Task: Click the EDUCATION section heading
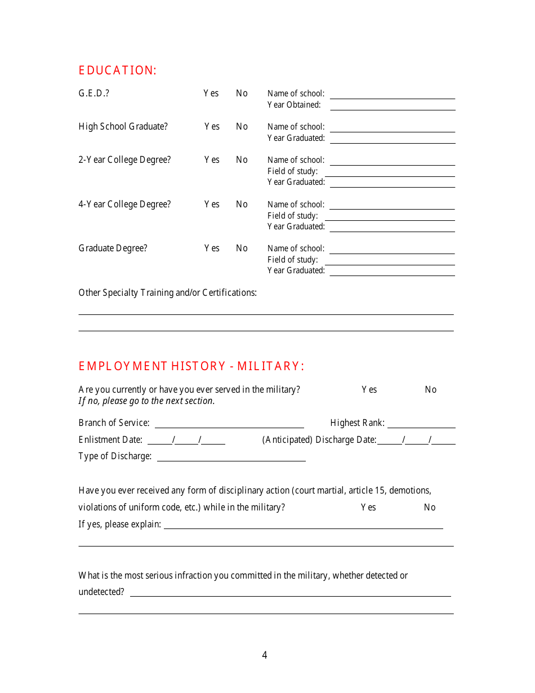pyautogui.click(x=117, y=70)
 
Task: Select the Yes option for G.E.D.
pyautogui.click(x=211, y=94)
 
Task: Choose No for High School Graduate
pyautogui.click(x=242, y=127)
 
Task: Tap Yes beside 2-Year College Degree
pyautogui.click(x=212, y=160)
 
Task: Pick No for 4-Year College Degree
pyautogui.click(x=242, y=205)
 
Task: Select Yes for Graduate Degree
pyautogui.click(x=212, y=248)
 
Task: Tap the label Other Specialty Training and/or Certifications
pyautogui.click(x=167, y=293)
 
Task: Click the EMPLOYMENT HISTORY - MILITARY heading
pyautogui.click(x=191, y=366)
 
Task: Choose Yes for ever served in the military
pyautogui.click(x=369, y=390)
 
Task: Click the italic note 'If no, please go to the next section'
pyautogui.click(x=146, y=401)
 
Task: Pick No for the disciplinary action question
pyautogui.click(x=430, y=508)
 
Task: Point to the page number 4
pyautogui.click(x=265, y=655)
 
